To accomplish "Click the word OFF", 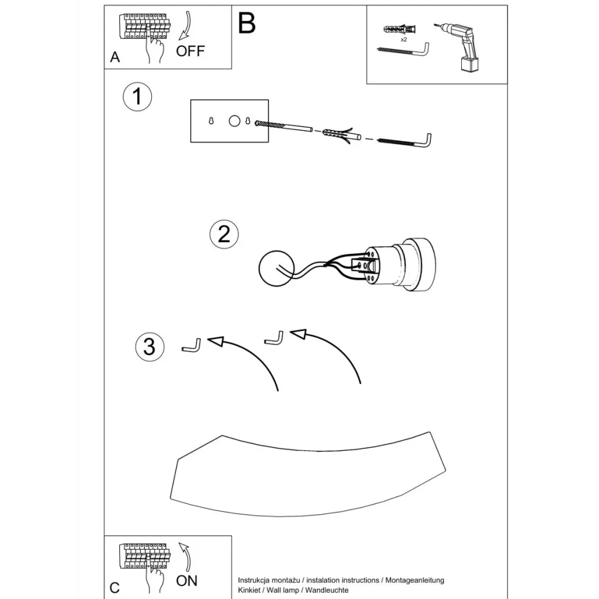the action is (x=190, y=51).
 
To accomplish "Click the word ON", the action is (x=187, y=580).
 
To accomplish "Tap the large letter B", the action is (x=246, y=23).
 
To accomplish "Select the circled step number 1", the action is (x=138, y=97).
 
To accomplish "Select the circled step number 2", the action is (x=224, y=234).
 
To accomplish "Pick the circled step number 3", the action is (x=149, y=347).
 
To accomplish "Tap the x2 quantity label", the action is (x=404, y=40).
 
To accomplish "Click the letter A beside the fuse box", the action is (x=115, y=57).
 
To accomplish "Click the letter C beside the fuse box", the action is (x=115, y=587).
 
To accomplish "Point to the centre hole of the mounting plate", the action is (x=235, y=121).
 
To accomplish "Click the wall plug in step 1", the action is (x=341, y=135).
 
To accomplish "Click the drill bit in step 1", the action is (x=283, y=126).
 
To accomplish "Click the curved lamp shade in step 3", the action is (x=308, y=474).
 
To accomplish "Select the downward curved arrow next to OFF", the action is (x=185, y=25).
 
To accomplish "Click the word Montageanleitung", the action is (x=414, y=580).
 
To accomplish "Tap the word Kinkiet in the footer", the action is (x=249, y=590).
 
